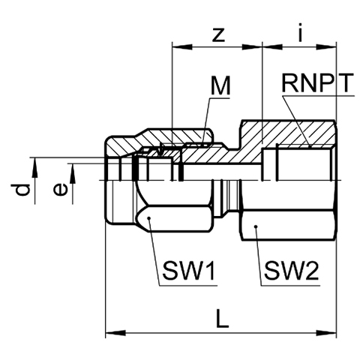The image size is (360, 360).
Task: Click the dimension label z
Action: point(218,35)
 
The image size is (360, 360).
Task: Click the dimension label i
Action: point(301,31)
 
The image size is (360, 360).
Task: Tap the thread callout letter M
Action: point(220,85)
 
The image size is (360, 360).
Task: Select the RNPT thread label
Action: point(317,83)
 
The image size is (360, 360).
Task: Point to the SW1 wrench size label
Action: point(188,271)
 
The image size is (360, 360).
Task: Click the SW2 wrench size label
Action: point(292,271)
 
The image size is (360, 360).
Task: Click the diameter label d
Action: point(20,190)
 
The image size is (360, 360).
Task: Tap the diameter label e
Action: point(60,190)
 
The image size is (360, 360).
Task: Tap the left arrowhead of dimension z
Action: point(183,46)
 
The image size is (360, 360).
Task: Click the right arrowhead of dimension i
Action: point(326,46)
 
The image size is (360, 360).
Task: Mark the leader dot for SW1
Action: point(149,218)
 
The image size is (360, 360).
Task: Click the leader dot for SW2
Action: point(256,226)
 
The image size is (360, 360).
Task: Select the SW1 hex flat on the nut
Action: point(175,219)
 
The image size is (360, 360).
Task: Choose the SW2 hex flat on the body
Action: point(288,226)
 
